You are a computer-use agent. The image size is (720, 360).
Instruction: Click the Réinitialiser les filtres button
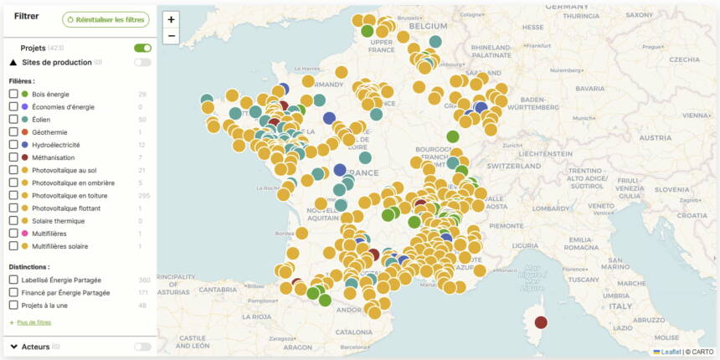(x=105, y=19)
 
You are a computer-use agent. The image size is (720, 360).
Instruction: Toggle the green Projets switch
(x=142, y=49)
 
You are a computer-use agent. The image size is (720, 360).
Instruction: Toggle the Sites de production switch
(x=142, y=62)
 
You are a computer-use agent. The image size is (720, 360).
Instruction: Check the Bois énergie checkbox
(x=13, y=94)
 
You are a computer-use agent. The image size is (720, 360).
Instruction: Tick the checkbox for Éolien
(x=13, y=120)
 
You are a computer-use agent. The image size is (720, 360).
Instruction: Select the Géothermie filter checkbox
(x=13, y=132)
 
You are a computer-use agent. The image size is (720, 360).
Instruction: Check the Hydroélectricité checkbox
(x=13, y=145)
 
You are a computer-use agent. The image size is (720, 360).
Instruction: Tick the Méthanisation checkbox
(x=13, y=157)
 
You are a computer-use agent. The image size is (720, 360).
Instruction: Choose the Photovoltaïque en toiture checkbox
(x=13, y=195)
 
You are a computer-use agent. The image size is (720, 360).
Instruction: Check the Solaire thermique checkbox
(x=13, y=221)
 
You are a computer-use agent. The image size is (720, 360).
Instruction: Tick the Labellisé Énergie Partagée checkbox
(x=13, y=280)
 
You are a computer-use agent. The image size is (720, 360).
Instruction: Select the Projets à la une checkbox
(x=13, y=306)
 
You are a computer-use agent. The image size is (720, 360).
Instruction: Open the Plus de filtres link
(x=33, y=322)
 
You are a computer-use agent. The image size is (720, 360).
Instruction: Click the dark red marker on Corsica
(x=541, y=322)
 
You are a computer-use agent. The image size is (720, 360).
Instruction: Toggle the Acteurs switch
(x=142, y=347)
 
